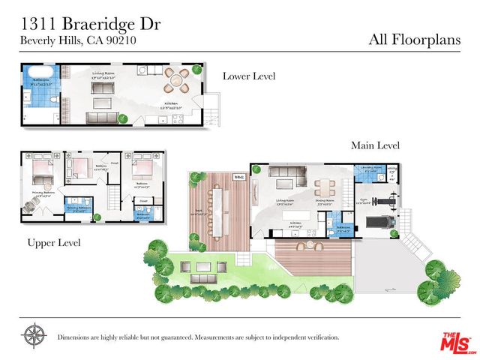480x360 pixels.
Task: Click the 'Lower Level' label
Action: [x=249, y=76]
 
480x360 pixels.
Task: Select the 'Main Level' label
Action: [x=375, y=145]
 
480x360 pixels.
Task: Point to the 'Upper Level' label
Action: [x=53, y=243]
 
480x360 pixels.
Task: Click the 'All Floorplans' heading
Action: [x=414, y=39]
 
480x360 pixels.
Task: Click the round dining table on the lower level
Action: [x=178, y=78]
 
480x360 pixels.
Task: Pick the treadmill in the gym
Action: [x=381, y=223]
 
